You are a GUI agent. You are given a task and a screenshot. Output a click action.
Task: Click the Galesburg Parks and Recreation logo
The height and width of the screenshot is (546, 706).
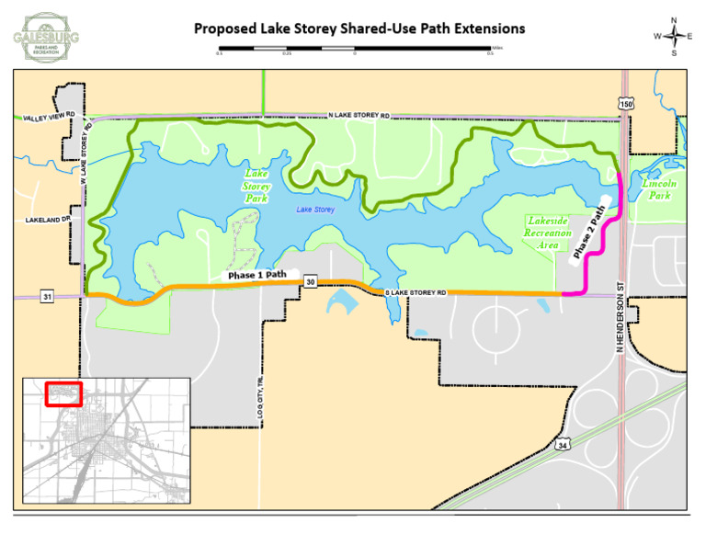click(46, 37)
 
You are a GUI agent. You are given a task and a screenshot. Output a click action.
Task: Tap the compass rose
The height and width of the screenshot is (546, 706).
click(675, 36)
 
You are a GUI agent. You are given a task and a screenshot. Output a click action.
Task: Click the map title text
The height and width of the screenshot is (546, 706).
click(359, 28)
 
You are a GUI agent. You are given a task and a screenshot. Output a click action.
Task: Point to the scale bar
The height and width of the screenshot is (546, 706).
click(355, 49)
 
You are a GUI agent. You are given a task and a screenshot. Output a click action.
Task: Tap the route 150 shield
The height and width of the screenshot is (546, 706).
click(626, 105)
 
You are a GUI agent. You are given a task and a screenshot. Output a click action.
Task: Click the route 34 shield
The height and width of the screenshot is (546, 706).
click(563, 444)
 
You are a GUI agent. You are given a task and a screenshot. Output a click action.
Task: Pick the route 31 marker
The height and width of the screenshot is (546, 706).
click(47, 295)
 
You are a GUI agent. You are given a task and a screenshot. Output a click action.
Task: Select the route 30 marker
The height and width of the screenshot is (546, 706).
click(311, 281)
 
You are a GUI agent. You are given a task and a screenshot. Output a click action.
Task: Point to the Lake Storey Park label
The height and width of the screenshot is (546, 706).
click(256, 186)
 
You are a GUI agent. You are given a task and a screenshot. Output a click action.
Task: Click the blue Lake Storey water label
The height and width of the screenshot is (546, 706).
click(315, 210)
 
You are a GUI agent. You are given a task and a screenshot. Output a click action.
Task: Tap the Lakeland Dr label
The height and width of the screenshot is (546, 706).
click(47, 221)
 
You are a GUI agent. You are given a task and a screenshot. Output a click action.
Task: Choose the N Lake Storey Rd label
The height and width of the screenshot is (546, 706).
click(359, 116)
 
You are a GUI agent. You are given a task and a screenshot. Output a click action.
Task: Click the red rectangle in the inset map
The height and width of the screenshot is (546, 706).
click(63, 393)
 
